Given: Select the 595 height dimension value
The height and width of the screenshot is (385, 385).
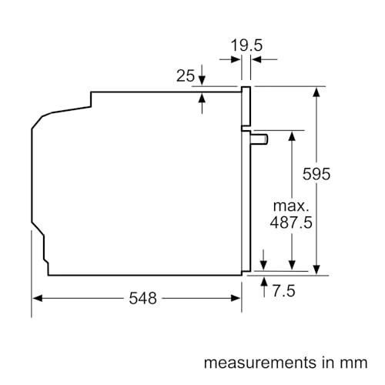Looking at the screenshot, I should pyautogui.click(x=316, y=174).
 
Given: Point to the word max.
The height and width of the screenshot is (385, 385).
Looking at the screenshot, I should pyautogui.click(x=290, y=206).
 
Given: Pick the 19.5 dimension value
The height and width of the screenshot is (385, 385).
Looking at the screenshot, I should pyautogui.click(x=246, y=45).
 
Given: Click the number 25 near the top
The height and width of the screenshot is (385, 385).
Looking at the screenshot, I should pyautogui.click(x=185, y=75).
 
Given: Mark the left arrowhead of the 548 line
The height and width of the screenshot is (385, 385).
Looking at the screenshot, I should pyautogui.click(x=36, y=298).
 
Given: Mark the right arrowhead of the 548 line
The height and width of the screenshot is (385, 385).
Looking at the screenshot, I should pyautogui.click(x=237, y=298).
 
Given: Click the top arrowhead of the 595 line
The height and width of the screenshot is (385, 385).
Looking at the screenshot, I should pyautogui.click(x=316, y=92).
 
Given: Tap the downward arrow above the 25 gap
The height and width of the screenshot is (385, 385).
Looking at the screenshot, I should pyautogui.click(x=203, y=80).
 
